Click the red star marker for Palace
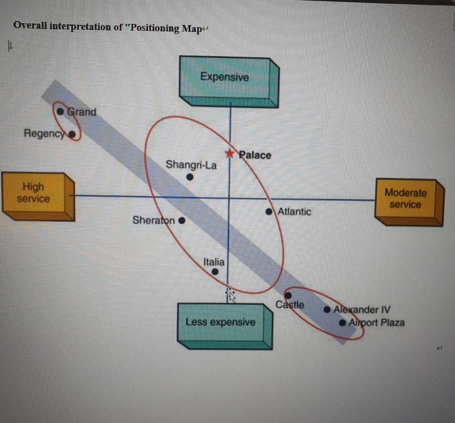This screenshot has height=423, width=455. click(229, 153)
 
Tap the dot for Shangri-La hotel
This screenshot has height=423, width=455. click(190, 177)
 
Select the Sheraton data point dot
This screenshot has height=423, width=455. click(182, 220)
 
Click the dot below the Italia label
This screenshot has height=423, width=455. click(215, 272)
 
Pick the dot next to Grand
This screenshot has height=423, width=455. click(61, 112)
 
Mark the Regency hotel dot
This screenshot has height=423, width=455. click(72, 135)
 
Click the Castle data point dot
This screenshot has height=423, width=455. click(288, 295)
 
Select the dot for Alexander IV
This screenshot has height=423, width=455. click(327, 310)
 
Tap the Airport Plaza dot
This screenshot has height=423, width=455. click(343, 323)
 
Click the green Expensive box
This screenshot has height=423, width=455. click(225, 78)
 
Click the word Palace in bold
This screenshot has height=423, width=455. click(255, 155)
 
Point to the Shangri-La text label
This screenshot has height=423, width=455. click(191, 164)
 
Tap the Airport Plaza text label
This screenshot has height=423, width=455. click(377, 323)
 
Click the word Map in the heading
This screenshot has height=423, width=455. click(191, 29)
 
